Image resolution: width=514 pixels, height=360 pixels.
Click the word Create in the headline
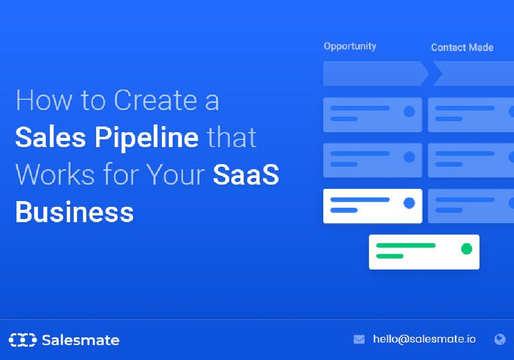click(x=155, y=100)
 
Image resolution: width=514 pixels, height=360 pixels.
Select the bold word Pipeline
click(x=146, y=138)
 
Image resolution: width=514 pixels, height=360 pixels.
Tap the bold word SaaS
click(x=246, y=174)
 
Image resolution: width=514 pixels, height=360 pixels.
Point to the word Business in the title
click(x=75, y=212)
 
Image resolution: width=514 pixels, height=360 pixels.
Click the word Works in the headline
click(x=56, y=174)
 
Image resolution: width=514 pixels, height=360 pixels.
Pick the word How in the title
click(x=44, y=100)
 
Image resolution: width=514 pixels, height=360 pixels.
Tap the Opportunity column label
click(x=350, y=47)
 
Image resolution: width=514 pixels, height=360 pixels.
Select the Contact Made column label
click(x=462, y=47)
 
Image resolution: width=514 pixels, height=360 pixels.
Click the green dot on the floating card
click(x=467, y=249)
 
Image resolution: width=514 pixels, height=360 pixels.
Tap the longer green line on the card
click(x=406, y=245)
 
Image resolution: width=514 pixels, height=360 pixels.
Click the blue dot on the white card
click(x=409, y=203)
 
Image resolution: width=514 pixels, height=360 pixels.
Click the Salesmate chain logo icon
click(x=23, y=339)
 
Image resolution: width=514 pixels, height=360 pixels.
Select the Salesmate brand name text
click(x=81, y=340)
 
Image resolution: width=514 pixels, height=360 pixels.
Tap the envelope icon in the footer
click(x=359, y=339)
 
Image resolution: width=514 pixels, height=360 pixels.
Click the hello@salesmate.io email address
click(x=424, y=339)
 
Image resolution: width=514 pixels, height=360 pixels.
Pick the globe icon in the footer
click(x=500, y=339)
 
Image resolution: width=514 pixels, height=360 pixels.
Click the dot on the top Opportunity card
click(x=409, y=112)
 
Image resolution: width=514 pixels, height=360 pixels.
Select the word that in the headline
click(x=232, y=137)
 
